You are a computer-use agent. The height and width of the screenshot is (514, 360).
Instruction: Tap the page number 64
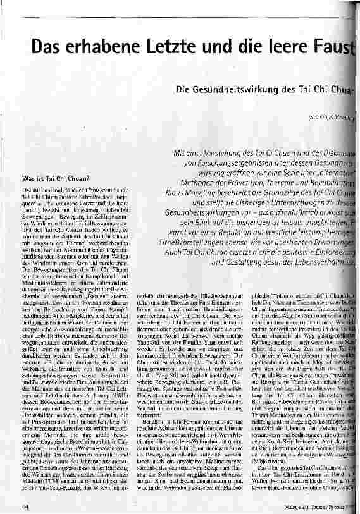pos(24,505)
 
